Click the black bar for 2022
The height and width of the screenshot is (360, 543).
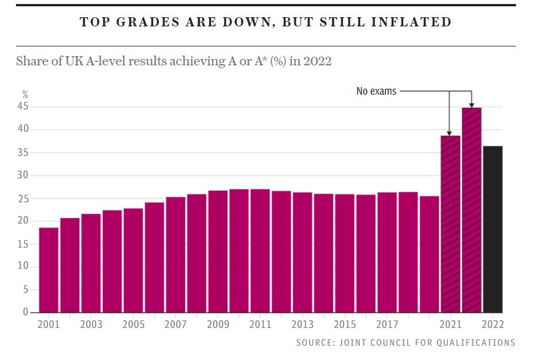point(493,229)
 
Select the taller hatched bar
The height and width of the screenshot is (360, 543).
point(472,210)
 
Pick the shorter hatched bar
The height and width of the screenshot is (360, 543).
point(451,224)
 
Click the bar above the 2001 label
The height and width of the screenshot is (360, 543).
point(49,271)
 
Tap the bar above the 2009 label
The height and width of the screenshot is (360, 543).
point(218,252)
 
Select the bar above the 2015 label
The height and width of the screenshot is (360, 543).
point(345,253)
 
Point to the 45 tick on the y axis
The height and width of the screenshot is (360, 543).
point(23,106)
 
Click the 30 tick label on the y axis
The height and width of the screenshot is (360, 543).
point(23,175)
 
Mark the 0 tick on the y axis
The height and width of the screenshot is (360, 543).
point(25,312)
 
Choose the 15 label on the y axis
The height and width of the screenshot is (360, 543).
point(23,244)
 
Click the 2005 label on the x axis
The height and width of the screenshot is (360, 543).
point(134,324)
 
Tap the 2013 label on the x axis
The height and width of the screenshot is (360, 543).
point(302,324)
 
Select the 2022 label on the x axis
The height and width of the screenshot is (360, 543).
point(493,324)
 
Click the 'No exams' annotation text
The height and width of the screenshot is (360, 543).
point(376,91)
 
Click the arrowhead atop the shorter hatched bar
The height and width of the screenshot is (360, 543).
point(449,133)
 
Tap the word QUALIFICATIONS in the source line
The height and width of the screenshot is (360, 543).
point(476,343)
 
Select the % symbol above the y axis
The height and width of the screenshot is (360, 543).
point(25,94)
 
